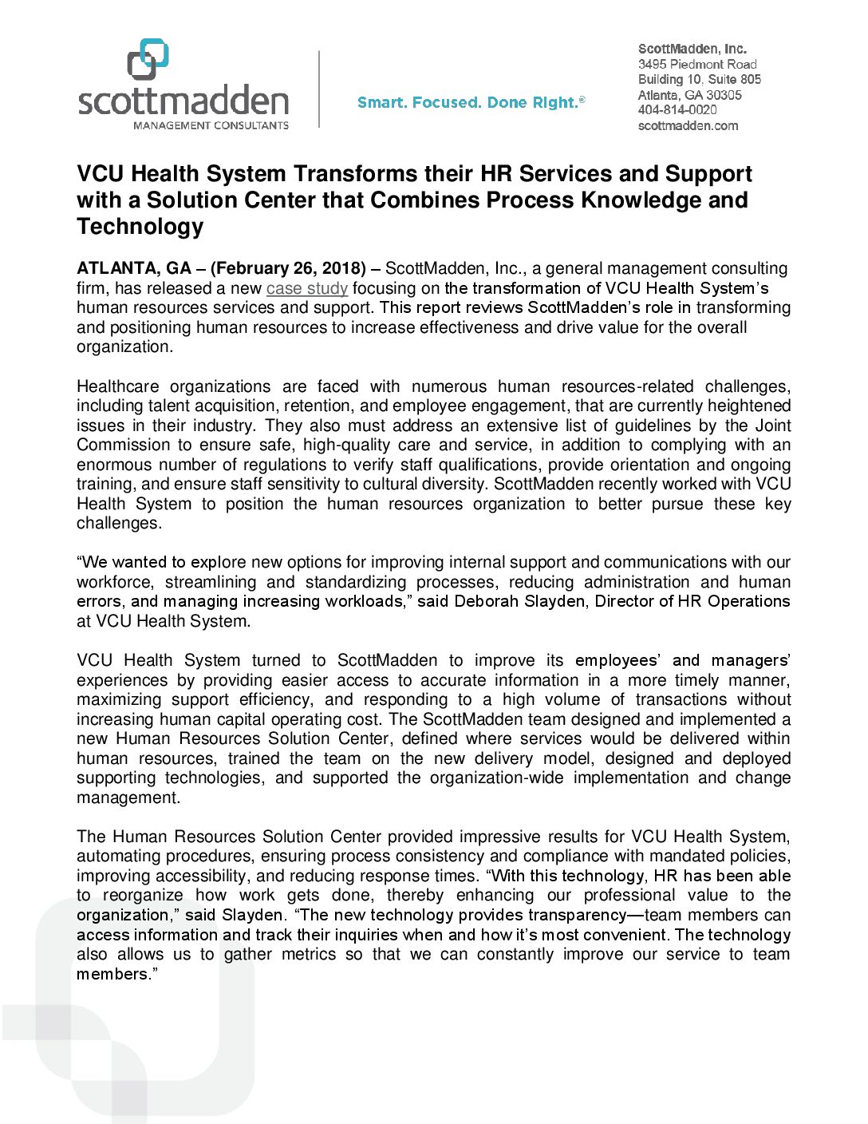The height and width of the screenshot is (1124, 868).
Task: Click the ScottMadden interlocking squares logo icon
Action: click(148, 59)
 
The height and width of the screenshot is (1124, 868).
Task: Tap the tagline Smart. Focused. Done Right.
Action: click(471, 103)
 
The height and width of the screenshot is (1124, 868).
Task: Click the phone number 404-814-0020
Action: click(677, 110)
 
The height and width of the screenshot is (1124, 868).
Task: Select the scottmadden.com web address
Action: click(688, 126)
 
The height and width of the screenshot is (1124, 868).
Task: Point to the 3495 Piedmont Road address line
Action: click(697, 64)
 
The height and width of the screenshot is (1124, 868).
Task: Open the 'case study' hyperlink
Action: click(307, 288)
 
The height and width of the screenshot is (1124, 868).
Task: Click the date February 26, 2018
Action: click(288, 269)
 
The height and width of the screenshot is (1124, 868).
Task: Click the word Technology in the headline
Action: click(140, 227)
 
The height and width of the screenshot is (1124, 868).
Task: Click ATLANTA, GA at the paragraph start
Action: click(134, 269)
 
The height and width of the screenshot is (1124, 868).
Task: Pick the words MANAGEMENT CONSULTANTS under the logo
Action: click(211, 125)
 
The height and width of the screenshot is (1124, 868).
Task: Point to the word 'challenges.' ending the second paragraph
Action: click(119, 524)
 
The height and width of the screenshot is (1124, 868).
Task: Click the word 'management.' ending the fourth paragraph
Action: click(128, 798)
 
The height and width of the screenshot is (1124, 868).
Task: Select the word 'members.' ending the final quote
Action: click(116, 975)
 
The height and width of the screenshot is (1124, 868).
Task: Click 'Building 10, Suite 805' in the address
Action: click(700, 79)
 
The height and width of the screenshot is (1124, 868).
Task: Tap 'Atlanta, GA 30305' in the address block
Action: click(690, 95)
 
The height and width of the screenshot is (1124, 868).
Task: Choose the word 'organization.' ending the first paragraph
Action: click(124, 347)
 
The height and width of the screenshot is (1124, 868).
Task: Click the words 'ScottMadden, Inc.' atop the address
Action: click(692, 49)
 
